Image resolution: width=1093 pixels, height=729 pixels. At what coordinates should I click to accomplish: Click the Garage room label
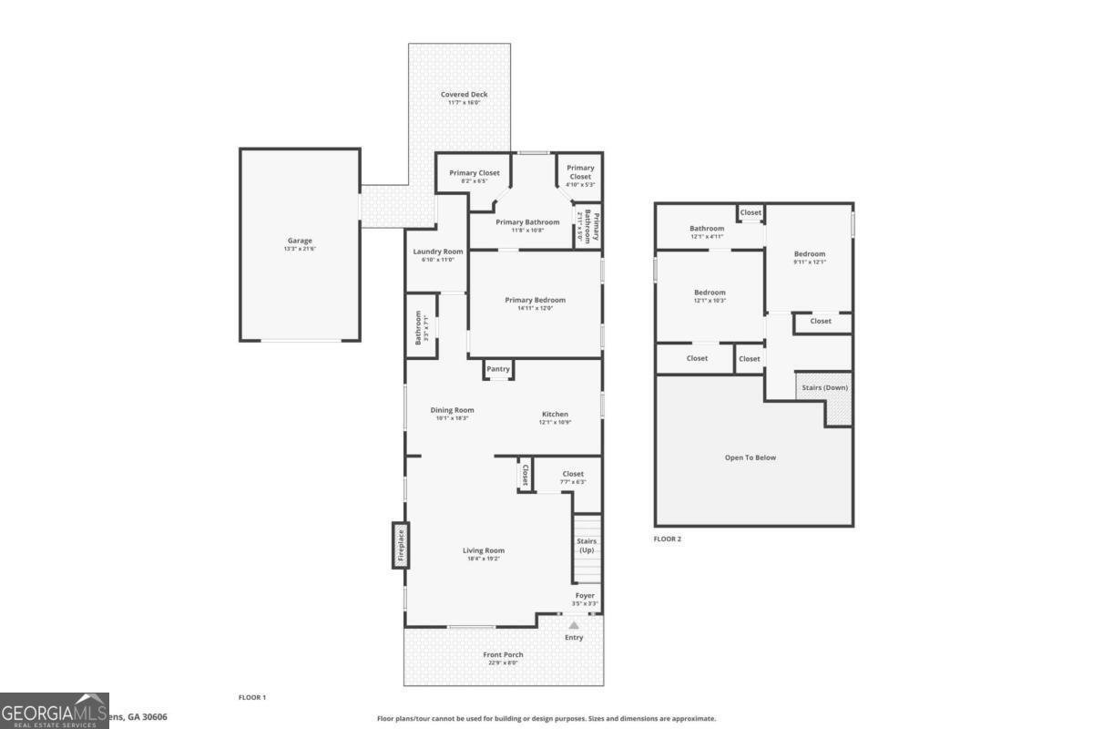(x=300, y=241)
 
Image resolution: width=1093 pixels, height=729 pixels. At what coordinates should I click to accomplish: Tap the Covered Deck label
(x=464, y=95)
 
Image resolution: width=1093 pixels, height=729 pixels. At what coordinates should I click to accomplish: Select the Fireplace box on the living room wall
(x=401, y=545)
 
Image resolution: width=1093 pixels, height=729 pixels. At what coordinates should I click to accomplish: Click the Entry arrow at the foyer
(x=573, y=626)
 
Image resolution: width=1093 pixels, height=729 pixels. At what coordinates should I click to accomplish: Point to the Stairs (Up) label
(x=587, y=546)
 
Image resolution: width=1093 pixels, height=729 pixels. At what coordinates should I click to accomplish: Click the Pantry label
(x=498, y=369)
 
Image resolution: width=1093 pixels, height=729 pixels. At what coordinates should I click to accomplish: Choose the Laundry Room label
(x=437, y=252)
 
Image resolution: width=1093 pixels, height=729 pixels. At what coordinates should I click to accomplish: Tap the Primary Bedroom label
(x=535, y=301)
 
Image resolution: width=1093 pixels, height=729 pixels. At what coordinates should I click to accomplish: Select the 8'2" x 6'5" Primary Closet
(x=474, y=173)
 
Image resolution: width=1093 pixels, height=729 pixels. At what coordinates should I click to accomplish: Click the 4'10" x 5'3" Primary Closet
(x=580, y=172)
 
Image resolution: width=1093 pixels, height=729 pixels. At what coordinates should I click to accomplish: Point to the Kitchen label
(x=555, y=415)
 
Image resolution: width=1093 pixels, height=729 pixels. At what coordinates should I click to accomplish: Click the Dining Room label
(x=452, y=411)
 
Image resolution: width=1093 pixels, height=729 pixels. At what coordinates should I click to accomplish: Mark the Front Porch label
(x=503, y=655)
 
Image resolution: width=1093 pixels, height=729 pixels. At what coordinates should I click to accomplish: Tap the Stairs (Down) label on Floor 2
(x=824, y=387)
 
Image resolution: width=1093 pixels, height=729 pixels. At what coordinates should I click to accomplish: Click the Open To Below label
(x=750, y=457)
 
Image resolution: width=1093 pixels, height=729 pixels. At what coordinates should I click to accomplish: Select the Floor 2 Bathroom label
(x=707, y=229)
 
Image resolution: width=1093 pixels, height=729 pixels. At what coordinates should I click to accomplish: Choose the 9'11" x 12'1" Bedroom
(x=809, y=254)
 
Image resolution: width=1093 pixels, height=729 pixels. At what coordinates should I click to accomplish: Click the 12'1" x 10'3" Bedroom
(x=710, y=293)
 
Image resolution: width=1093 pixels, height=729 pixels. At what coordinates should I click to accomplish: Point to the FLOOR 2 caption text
(x=667, y=539)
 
